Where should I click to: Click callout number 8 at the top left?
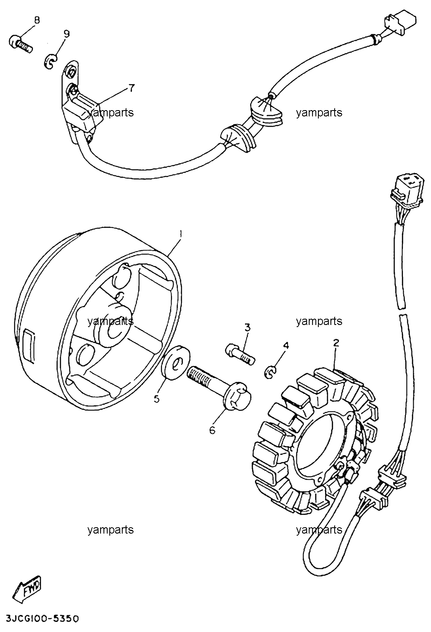37,20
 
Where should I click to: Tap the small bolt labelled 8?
21,44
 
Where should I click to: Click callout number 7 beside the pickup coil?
131,88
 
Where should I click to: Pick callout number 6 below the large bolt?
212,430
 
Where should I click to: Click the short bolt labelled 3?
240,354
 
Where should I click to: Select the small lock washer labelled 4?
270,372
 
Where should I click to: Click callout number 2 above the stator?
336,343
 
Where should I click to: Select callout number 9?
66,34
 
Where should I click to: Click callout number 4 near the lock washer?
286,345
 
